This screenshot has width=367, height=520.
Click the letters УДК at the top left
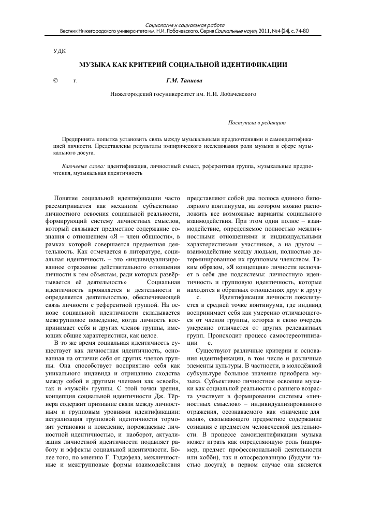pyautogui.click(x=53, y=51)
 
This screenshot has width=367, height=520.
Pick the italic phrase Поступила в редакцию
pyautogui.click(x=257, y=123)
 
